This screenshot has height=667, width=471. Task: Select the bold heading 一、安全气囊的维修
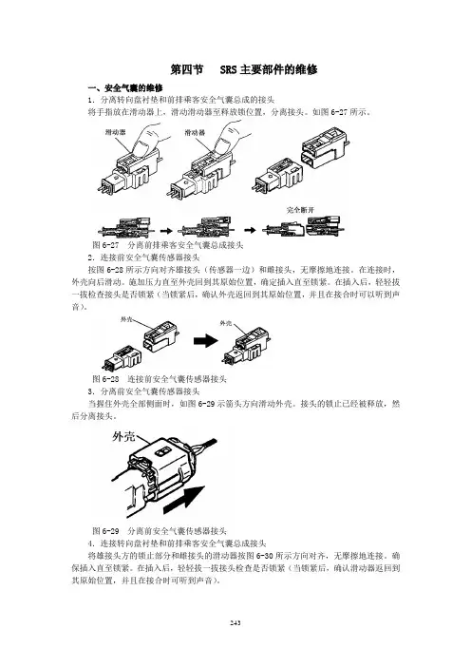(x=125, y=88)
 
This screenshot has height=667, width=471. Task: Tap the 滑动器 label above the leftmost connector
(x=115, y=132)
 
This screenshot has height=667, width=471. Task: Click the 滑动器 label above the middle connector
(x=195, y=133)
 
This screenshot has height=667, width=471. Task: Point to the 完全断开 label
(x=300, y=210)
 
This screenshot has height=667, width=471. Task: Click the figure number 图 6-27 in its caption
(x=105, y=245)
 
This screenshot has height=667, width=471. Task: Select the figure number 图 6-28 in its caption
(x=105, y=378)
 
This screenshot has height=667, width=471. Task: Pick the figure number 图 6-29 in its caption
(x=105, y=531)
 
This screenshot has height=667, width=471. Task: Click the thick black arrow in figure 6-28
(x=206, y=341)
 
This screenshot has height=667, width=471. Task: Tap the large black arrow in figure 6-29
(x=184, y=500)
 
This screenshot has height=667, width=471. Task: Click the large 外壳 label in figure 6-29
(x=123, y=436)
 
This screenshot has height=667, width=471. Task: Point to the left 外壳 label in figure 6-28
(x=126, y=319)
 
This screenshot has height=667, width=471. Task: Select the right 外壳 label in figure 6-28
(x=226, y=323)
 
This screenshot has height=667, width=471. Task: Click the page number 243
(x=235, y=622)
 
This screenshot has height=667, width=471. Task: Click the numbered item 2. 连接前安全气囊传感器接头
(x=143, y=257)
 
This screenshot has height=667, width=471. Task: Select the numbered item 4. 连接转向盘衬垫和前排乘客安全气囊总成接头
(x=178, y=543)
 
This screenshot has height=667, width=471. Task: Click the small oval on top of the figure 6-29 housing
(x=161, y=451)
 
